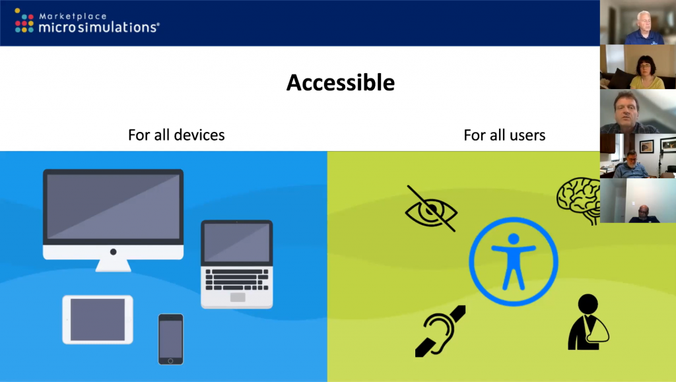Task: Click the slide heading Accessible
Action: [x=341, y=82]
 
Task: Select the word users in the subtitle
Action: [x=525, y=135]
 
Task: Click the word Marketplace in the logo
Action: [x=73, y=16]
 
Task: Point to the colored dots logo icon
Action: [x=24, y=20]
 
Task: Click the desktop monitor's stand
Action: [x=113, y=265]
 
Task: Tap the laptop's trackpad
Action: [x=238, y=297]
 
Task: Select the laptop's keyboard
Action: [x=237, y=280]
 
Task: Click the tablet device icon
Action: [x=98, y=319]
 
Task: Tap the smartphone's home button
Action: [x=170, y=361]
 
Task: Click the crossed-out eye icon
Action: [x=431, y=209]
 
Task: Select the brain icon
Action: [x=578, y=201]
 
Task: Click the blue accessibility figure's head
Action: [x=514, y=239]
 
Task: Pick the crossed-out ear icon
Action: [x=440, y=331]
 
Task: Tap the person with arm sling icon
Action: [x=588, y=322]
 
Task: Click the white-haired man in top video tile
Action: [x=644, y=28]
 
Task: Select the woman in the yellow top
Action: [x=646, y=73]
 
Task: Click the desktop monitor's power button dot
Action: [x=113, y=252]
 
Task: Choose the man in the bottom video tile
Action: [x=644, y=214]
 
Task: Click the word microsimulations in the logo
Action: [x=99, y=28]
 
